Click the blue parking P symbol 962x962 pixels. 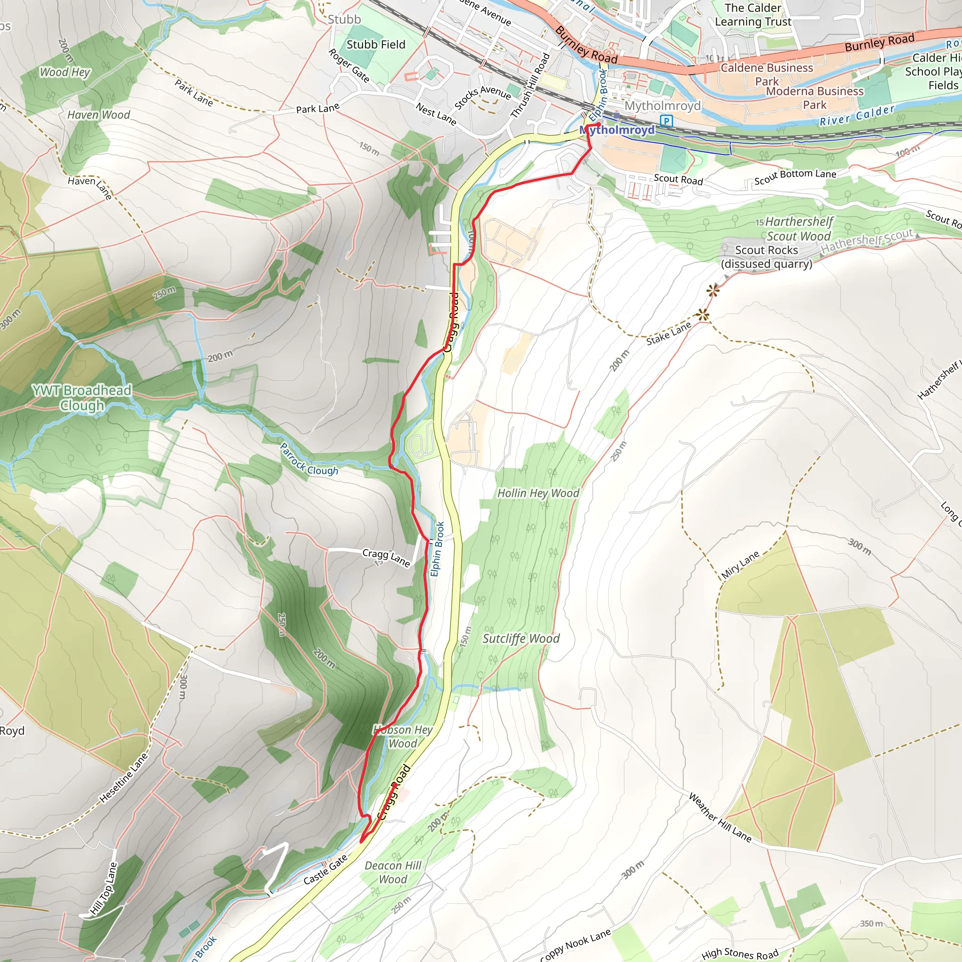tap(666, 121)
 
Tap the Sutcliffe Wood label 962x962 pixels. tap(521, 639)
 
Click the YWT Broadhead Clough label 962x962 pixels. tap(82, 398)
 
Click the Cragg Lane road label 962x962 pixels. tap(386, 557)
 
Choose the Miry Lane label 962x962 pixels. tap(740, 565)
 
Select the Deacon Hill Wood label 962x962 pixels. tap(393, 872)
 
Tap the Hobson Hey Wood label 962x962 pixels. tap(403, 737)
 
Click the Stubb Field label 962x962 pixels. tap(376, 45)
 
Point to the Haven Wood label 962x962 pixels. tap(99, 115)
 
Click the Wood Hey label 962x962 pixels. tap(65, 72)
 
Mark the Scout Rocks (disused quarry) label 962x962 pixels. tap(766, 257)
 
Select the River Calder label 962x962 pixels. tap(857, 116)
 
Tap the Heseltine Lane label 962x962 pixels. tap(124, 778)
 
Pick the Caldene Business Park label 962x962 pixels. tap(767, 74)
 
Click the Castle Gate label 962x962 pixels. tap(325, 870)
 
